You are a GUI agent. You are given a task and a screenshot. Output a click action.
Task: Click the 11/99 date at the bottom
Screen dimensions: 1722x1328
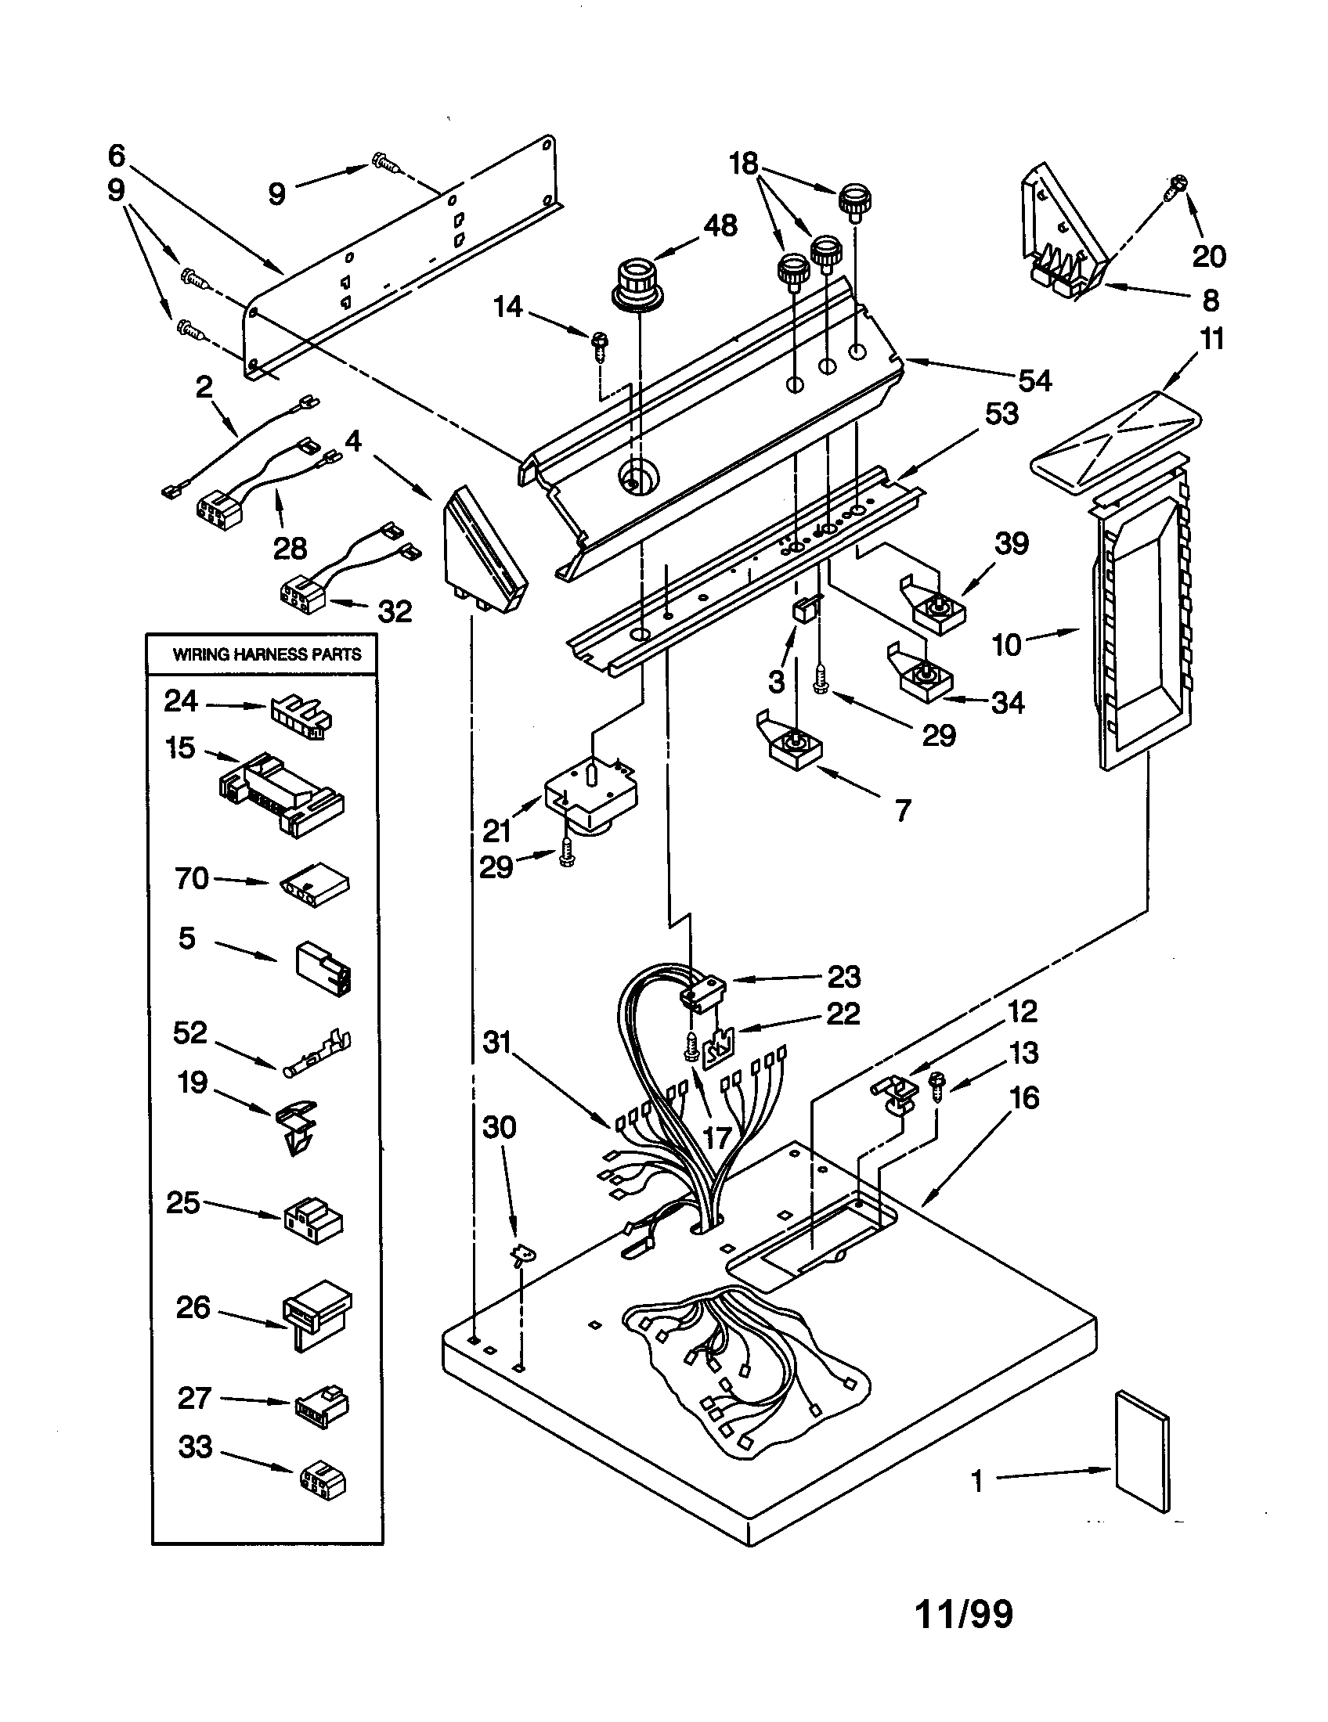click(x=964, y=1613)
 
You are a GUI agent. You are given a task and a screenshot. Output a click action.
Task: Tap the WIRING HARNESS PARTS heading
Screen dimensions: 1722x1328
click(x=266, y=654)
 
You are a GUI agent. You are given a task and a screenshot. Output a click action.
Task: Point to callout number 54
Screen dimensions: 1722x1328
click(x=1034, y=381)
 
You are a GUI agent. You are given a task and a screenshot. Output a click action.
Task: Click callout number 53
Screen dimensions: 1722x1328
click(x=1001, y=414)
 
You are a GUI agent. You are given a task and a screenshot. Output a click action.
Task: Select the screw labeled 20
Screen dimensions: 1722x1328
click(x=1178, y=186)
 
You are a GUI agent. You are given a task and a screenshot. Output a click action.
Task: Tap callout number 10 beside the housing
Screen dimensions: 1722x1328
click(x=1006, y=645)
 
